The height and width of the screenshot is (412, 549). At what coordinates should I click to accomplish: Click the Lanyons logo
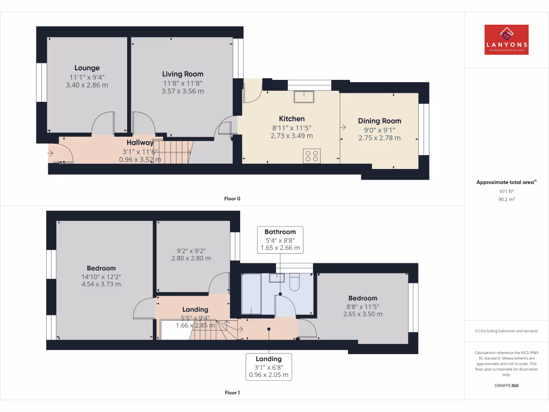506,40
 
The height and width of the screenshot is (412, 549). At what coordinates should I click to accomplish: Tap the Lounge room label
87,68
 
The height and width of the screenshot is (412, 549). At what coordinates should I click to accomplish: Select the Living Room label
183,74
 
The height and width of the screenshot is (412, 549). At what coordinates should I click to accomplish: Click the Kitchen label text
292,119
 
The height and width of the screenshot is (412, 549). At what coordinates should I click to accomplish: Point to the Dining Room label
380,121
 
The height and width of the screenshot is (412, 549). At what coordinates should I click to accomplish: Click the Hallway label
140,143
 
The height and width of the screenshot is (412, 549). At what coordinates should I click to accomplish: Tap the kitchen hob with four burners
311,156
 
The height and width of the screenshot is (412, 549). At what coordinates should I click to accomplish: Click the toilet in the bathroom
294,282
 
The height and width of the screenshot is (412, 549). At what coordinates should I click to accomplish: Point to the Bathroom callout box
280,240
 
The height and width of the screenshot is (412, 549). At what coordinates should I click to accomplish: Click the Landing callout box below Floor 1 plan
269,367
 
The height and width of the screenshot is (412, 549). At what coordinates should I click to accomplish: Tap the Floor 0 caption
232,198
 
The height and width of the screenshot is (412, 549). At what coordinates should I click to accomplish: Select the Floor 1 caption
232,393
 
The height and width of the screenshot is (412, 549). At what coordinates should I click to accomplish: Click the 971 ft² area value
506,191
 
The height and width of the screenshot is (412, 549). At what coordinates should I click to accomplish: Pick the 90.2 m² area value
506,199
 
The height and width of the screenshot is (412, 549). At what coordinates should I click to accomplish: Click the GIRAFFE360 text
506,386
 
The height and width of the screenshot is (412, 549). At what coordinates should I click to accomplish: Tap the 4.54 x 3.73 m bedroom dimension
101,284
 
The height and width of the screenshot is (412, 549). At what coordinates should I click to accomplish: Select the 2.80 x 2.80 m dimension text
191,258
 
